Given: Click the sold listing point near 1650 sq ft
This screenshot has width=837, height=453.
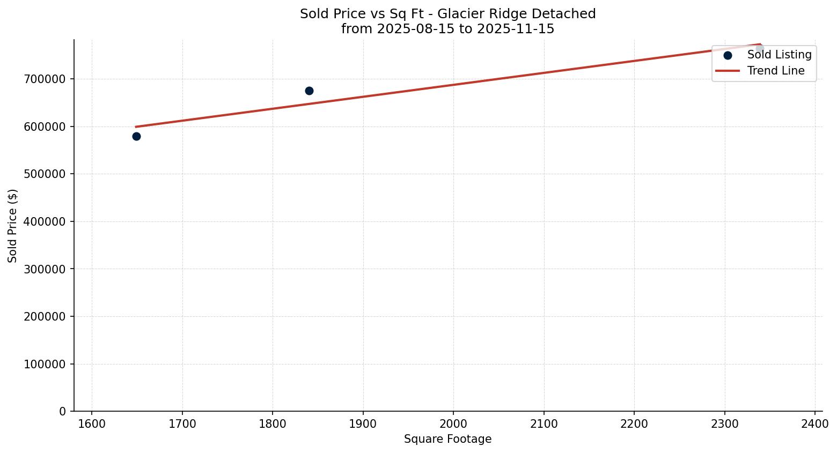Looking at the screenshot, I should [136, 137].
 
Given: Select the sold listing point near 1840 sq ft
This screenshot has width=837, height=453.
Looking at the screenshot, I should [309, 91].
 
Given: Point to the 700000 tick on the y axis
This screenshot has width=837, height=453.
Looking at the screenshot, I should [45, 79].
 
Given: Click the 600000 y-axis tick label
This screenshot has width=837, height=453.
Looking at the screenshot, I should [45, 127].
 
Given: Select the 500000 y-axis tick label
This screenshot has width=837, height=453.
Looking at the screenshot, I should [45, 174].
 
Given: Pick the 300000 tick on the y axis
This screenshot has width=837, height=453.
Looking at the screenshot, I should [45, 269].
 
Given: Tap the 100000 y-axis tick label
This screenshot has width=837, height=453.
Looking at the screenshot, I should [45, 364].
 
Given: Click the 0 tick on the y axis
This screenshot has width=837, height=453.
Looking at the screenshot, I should [63, 412].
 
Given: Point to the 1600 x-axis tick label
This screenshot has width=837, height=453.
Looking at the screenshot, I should [92, 424].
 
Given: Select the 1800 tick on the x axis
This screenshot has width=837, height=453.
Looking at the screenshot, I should [273, 424].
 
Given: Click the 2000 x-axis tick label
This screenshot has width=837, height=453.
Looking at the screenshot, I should [453, 424].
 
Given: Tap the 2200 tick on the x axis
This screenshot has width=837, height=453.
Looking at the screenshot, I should [634, 424].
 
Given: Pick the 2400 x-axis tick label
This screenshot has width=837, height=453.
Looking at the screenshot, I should [815, 424].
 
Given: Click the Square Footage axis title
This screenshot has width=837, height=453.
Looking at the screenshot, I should [447, 440].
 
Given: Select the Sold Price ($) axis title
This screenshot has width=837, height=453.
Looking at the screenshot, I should [13, 226].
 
